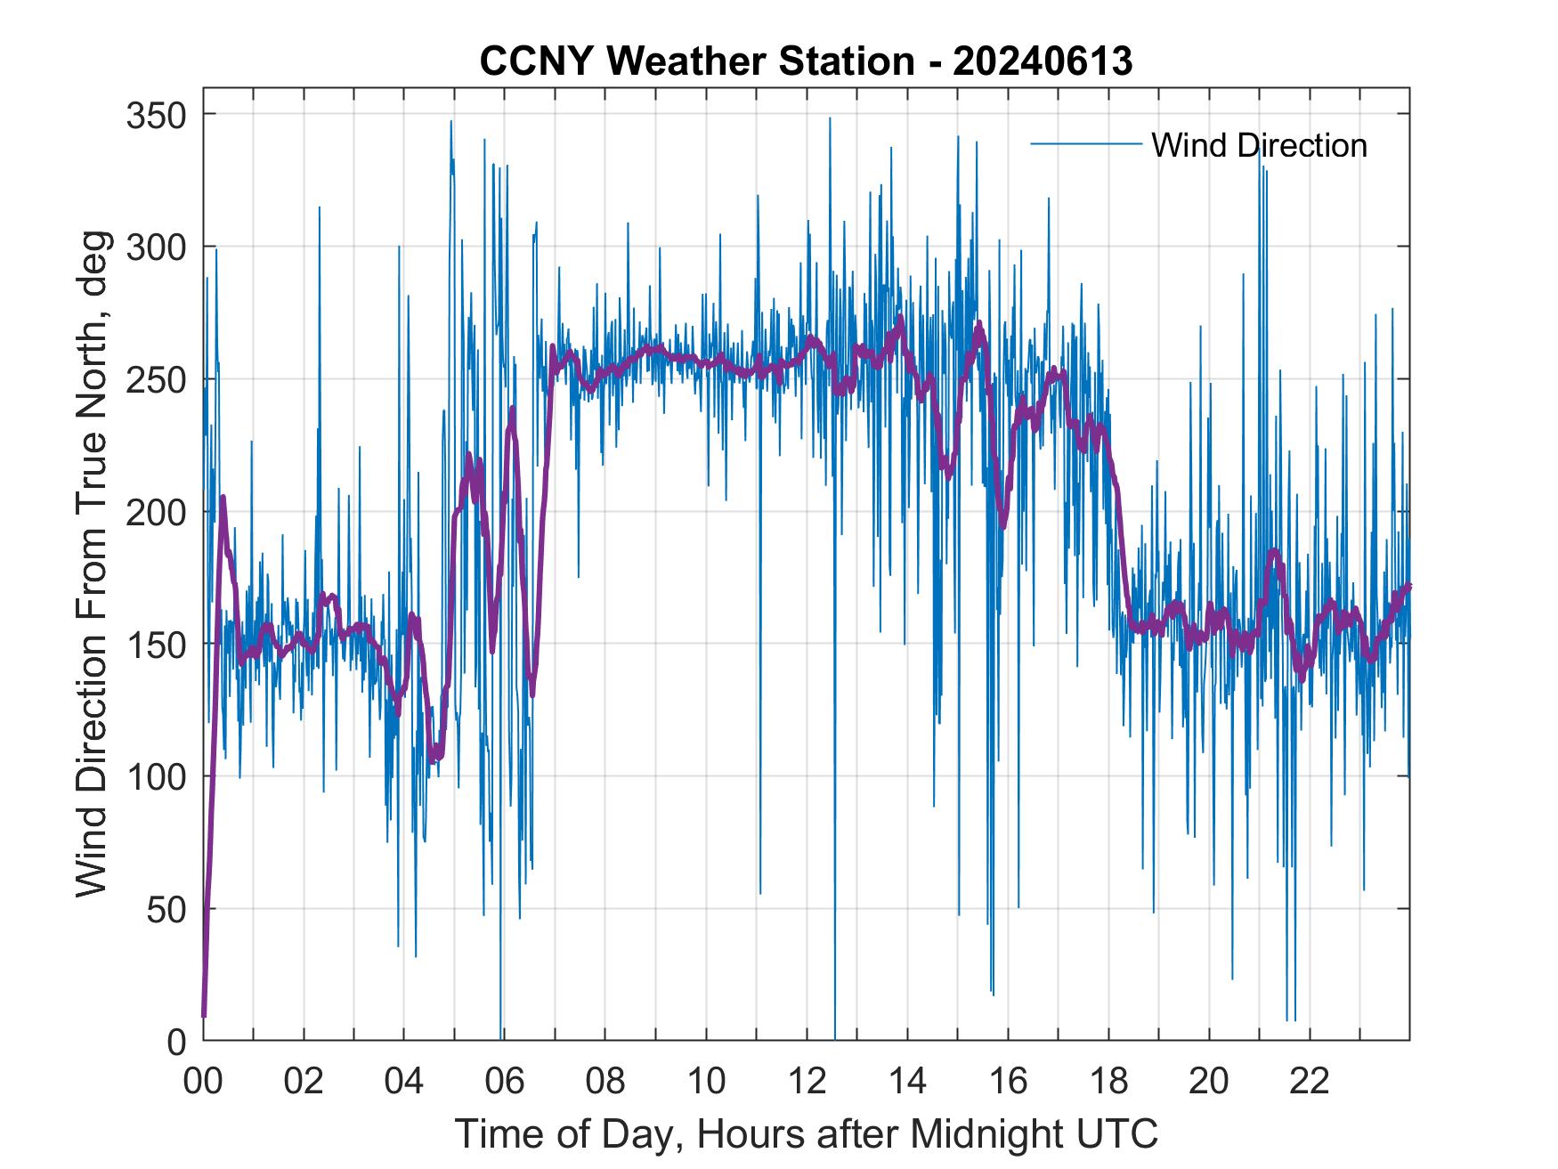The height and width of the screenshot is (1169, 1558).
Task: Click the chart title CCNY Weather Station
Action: (806, 61)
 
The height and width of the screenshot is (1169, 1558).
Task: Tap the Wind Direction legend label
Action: (1259, 145)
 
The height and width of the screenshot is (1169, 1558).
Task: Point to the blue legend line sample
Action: (1085, 144)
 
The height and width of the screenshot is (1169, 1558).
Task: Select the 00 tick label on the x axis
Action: (203, 1083)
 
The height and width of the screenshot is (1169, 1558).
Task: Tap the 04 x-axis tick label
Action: (404, 1083)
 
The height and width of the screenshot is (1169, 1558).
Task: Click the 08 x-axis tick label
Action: (605, 1083)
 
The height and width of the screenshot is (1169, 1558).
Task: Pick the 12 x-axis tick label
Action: (807, 1083)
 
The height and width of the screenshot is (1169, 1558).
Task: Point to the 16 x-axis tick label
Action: (1008, 1083)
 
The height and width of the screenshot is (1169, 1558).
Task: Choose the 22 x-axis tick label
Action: (1310, 1083)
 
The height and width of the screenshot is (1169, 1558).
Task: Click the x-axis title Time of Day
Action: (807, 1134)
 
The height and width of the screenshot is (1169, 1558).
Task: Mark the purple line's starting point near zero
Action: (204, 1014)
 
